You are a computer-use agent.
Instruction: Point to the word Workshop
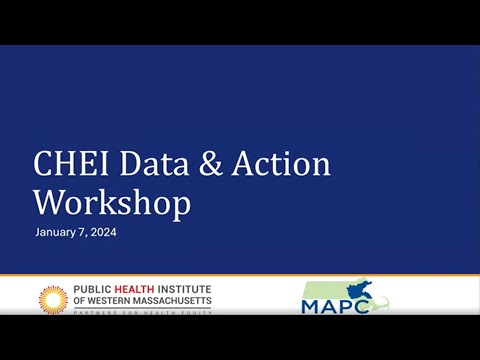pos(111,202)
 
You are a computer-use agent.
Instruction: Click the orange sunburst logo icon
pos(53,298)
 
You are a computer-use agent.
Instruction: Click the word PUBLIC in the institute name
pos(92,290)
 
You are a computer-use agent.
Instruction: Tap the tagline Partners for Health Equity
pos(141,310)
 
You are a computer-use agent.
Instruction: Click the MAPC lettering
pos(327,303)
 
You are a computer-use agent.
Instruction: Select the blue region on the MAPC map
pos(356,291)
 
